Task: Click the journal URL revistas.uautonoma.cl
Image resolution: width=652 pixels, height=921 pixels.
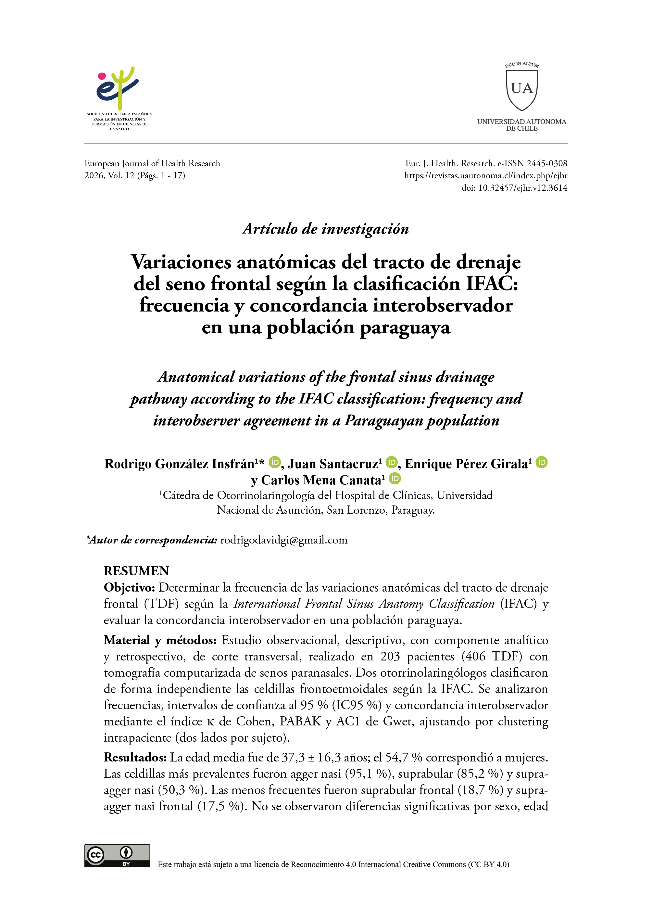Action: [x=485, y=175]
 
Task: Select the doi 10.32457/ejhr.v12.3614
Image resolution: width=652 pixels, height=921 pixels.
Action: [x=522, y=187]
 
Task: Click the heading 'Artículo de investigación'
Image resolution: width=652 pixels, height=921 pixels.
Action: [x=326, y=228]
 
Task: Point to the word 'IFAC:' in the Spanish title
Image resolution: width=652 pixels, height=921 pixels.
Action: [x=492, y=284]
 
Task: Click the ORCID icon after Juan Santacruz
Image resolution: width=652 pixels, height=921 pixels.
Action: [x=392, y=462]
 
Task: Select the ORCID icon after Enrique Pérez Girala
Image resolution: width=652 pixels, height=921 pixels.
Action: [x=542, y=462]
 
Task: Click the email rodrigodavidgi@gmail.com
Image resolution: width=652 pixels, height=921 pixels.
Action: [x=284, y=540]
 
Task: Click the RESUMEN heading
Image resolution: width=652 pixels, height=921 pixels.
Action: [x=136, y=571]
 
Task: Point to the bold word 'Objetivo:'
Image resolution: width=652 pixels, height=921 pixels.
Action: [x=129, y=587]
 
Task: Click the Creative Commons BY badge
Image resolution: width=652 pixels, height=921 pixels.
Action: [x=117, y=855]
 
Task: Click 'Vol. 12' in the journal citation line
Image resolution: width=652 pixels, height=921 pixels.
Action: [x=121, y=175]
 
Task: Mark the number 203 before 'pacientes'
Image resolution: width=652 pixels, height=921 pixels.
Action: [x=390, y=656]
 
